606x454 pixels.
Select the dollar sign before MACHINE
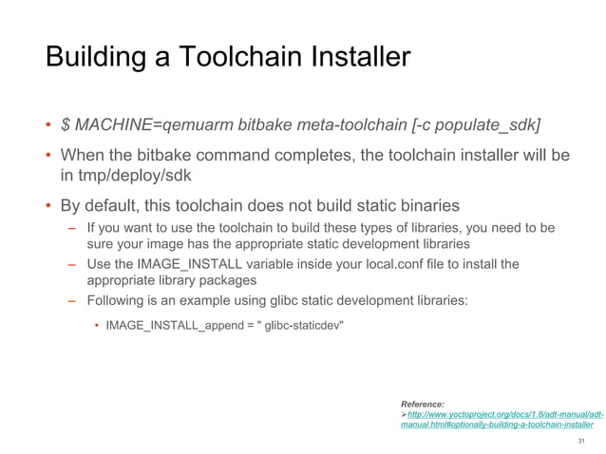click(66, 125)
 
